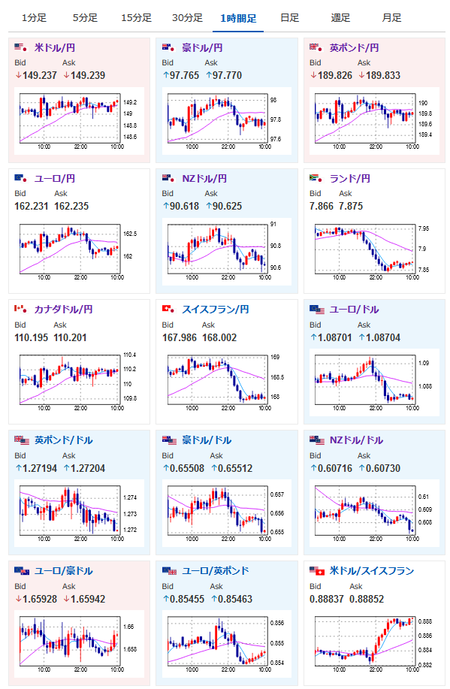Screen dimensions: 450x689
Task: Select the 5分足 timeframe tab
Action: coord(85,18)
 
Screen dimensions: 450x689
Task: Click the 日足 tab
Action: coord(289,18)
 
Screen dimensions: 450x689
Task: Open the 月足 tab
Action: coord(391,18)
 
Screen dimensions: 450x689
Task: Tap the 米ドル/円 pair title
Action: coord(55,47)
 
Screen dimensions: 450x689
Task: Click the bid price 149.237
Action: coord(40,76)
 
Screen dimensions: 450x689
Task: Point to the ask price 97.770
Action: coord(227,76)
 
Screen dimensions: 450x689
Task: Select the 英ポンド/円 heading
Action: coord(354,47)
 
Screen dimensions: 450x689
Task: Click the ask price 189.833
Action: coord(383,76)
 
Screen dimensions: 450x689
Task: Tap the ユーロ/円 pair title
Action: coord(55,178)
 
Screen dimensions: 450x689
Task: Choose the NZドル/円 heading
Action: coord(204,178)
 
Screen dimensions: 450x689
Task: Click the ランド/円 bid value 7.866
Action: coord(322,206)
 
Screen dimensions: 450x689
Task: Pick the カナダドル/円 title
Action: coord(63,310)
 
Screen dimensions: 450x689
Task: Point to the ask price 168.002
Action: coord(219,337)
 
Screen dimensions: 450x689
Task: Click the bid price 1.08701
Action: coord(334,337)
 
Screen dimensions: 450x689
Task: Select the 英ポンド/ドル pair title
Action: coord(63,440)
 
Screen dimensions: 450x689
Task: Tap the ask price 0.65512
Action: coord(235,468)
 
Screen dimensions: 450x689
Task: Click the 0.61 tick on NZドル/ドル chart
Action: coord(423,497)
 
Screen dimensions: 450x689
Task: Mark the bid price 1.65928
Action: coord(40,599)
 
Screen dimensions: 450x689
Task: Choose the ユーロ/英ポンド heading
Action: coord(216,571)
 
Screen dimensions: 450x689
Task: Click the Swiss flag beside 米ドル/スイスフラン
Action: coord(320,572)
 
